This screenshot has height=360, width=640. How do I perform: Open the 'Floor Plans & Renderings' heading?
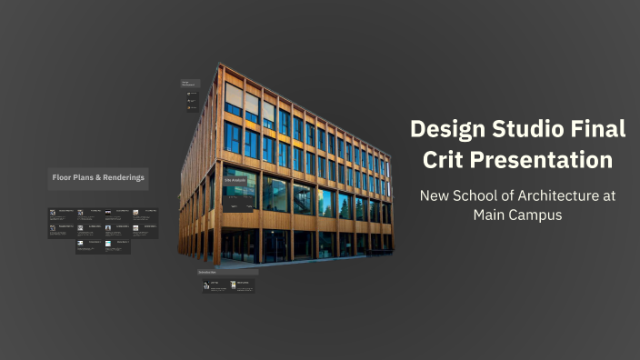click(98, 178)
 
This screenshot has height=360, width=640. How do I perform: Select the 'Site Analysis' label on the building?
click(235, 181)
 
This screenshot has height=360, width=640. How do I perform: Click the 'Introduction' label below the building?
click(207, 272)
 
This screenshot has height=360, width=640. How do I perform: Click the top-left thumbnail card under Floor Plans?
click(61, 215)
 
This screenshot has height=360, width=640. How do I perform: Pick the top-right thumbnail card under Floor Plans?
click(145, 215)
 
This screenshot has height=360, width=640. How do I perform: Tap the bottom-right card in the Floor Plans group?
click(117, 245)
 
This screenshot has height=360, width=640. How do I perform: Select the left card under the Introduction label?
click(215, 285)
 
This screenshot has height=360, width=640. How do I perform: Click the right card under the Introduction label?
click(242, 285)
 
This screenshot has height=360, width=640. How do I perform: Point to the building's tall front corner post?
click(217, 164)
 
